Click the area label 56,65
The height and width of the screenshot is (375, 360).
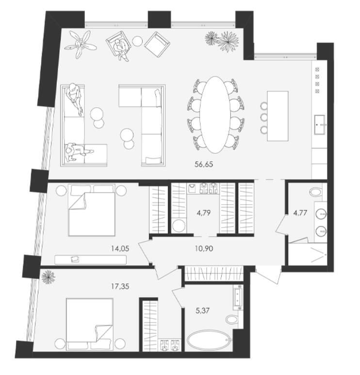[204, 164]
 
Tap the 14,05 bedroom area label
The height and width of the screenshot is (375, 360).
[120, 249]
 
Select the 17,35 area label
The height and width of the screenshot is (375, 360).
[120, 286]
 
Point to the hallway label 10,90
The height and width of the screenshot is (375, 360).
[204, 249]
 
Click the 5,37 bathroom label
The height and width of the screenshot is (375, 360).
[202, 310]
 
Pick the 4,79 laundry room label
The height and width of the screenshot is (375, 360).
[204, 212]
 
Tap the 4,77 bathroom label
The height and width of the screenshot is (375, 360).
[300, 212]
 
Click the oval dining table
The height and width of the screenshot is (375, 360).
[215, 114]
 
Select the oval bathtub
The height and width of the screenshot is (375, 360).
[208, 341]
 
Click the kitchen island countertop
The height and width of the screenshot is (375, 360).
[278, 116]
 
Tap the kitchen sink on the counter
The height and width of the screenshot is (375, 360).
[320, 125]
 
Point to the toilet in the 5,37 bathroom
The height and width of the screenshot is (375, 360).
[232, 319]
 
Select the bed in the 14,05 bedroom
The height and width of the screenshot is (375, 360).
[92, 210]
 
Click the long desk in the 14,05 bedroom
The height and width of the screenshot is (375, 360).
[90, 260]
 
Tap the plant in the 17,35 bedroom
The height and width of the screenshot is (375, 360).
[49, 277]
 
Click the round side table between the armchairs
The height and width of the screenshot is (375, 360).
[137, 41]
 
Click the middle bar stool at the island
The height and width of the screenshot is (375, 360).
[264, 117]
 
